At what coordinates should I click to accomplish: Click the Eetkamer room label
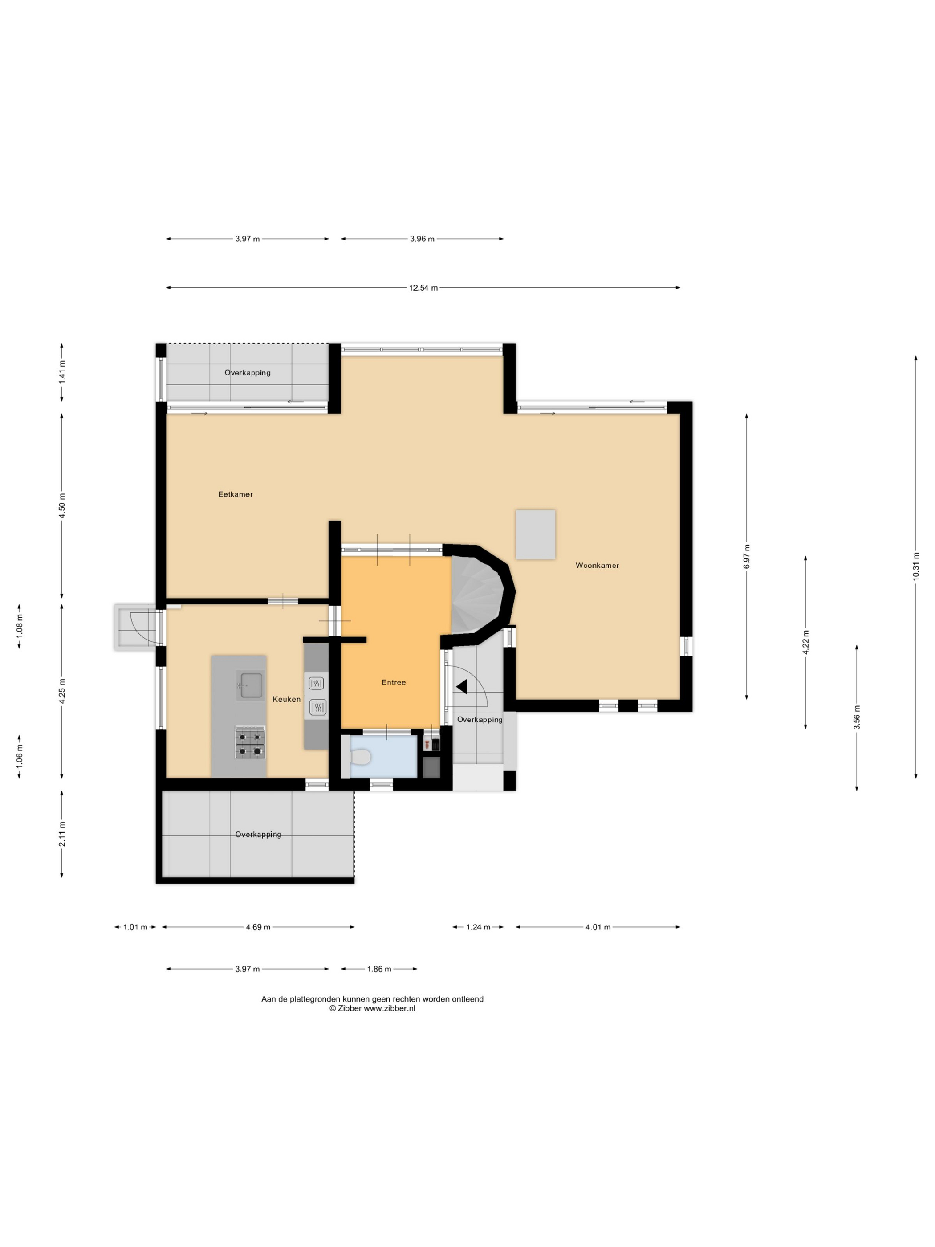236,494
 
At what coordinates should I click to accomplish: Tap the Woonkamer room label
597,566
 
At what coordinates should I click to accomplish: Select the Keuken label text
286,699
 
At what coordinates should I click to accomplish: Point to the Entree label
394,682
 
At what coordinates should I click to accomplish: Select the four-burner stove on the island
250,743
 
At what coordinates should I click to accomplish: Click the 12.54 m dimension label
423,288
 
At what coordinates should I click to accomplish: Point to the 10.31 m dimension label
916,566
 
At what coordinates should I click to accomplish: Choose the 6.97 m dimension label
747,556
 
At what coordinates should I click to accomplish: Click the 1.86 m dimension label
379,969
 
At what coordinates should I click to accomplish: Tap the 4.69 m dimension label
258,927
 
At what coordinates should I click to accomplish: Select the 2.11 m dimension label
62,834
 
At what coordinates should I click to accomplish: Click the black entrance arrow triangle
462,687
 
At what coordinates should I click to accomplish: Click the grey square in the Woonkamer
536,534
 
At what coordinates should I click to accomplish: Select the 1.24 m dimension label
478,927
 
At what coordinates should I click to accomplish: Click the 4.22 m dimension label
805,642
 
